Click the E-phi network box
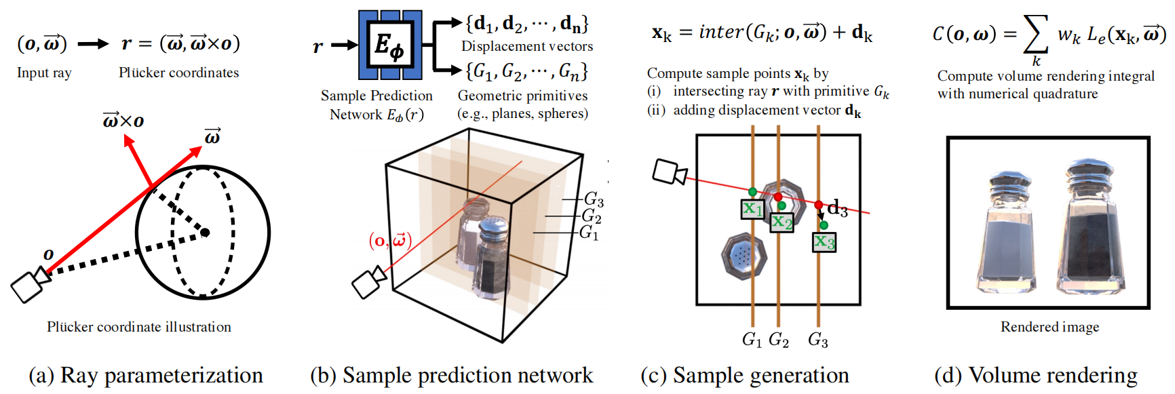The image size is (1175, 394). tap(390, 45)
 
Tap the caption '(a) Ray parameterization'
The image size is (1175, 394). tap(146, 375)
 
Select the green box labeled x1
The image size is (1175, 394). tap(752, 209)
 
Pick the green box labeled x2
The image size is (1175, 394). tap(782, 222)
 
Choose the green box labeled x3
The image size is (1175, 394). tap(824, 241)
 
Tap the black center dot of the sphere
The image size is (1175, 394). tap(205, 233)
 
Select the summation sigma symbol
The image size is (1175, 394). tap(1035, 34)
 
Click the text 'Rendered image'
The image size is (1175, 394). tap(1049, 327)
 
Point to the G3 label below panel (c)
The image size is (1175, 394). tap(817, 339)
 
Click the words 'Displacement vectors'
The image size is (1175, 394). tap(527, 46)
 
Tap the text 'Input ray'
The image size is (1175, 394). tap(44, 73)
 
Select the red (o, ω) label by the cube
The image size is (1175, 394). tap(390, 240)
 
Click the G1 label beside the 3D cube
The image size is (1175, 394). tap(588, 233)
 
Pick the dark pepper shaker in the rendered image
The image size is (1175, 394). tap(1091, 227)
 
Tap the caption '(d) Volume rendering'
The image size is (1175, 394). tap(1036, 375)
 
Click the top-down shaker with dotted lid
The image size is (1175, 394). tap(744, 256)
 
